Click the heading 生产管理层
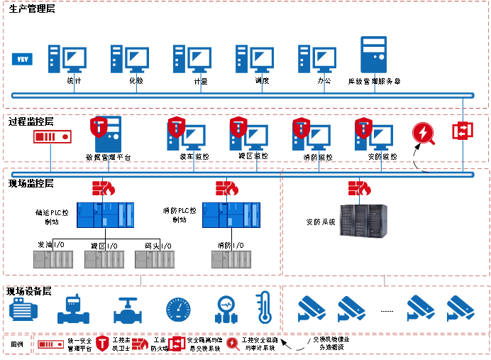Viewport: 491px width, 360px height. pos(32,9)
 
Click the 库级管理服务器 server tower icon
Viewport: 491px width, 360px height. pos(373,55)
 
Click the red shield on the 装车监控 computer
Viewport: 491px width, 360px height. pos(177,125)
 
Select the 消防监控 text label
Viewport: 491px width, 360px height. pos(317,156)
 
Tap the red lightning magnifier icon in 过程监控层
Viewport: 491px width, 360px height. pos(424,133)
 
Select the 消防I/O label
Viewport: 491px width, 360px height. pos(228,246)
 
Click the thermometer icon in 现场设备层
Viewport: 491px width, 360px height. pos(264,307)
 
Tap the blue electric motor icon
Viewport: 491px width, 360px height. pos(26,309)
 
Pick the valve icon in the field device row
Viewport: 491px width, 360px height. pos(127,309)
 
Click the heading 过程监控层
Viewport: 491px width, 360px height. pos(31,121)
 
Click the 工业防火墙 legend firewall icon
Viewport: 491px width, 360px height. pos(140,344)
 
